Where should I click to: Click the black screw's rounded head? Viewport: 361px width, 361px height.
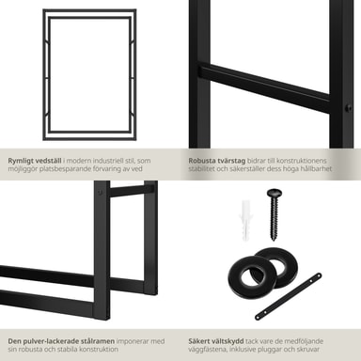[x=275, y=192]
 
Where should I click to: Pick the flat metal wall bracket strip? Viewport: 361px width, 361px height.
[x=289, y=296]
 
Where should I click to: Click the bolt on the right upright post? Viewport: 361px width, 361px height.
[x=348, y=108]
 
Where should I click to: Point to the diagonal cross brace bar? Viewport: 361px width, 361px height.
[x=264, y=87]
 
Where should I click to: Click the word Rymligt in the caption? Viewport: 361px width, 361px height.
[x=21, y=161]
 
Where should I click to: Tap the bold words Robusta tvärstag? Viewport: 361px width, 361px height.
[x=217, y=161]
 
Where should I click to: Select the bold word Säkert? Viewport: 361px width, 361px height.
[x=199, y=341]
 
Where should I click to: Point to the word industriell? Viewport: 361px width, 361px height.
[x=118, y=161]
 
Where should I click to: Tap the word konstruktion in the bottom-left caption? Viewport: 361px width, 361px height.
[x=99, y=349]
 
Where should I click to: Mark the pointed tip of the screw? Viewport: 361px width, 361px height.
[x=274, y=240]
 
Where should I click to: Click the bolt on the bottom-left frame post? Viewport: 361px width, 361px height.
[x=100, y=192]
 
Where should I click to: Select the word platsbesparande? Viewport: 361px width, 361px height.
[x=65, y=169]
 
